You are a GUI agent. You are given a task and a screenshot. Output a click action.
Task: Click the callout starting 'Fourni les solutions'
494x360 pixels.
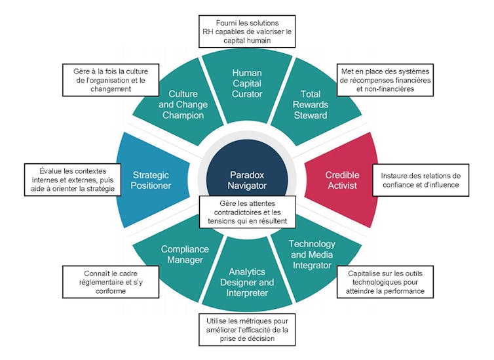[247, 31]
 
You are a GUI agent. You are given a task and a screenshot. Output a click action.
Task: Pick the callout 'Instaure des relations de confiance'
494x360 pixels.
[421, 180]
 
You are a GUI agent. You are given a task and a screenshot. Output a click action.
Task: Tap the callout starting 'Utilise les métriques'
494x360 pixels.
[246, 329]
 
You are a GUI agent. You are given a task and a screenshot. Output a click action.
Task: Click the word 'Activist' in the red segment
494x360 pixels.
[342, 187]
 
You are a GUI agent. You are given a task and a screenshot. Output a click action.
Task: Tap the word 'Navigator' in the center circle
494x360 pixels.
[246, 186]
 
